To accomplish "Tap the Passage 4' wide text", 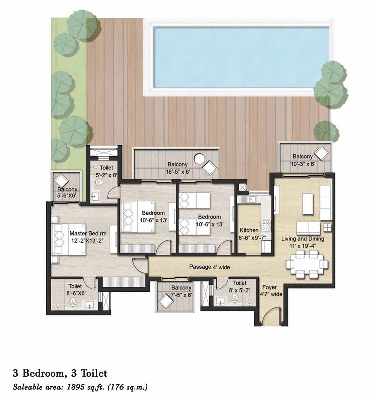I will pyautogui.click(x=209, y=267).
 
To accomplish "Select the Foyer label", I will pyautogui.click(x=270, y=288).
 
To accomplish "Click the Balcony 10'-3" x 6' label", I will pyautogui.click(x=302, y=160).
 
